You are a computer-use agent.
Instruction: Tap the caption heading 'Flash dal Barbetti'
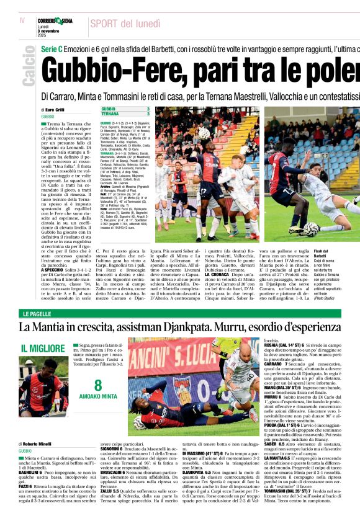click(341, 253)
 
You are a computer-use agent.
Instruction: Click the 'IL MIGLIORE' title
click(43, 349)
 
